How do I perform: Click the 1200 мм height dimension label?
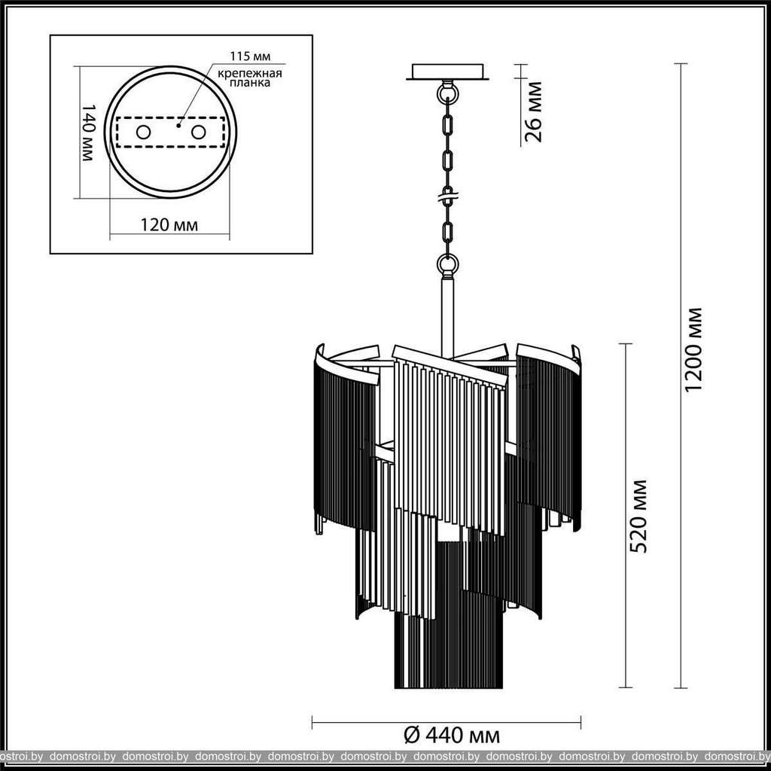point(693,349)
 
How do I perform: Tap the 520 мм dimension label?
point(638,517)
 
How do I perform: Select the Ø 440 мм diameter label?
point(452,736)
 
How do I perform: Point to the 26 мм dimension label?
point(534,112)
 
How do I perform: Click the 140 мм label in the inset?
point(87,133)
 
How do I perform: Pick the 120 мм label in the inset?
point(169,225)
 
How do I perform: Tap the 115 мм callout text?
point(250,56)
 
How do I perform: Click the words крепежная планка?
point(250,78)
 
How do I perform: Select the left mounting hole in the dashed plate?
point(144,133)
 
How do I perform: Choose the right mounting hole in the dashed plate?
point(199,133)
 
